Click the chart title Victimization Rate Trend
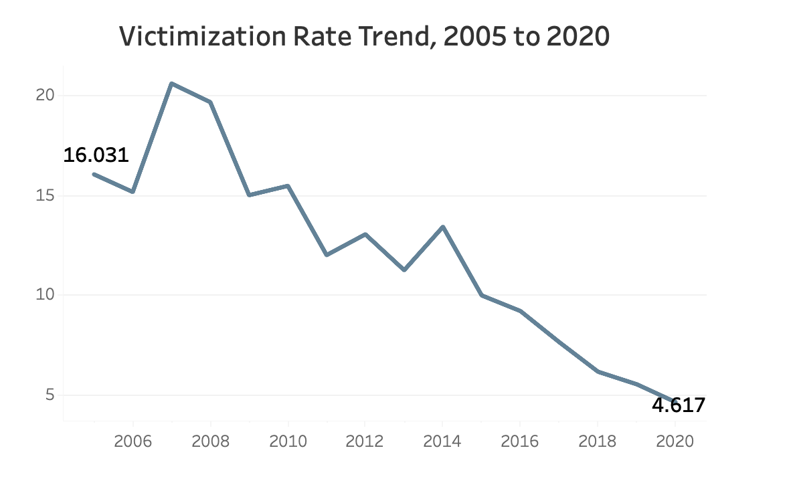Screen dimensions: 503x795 point(365,37)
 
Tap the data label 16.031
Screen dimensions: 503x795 point(96,155)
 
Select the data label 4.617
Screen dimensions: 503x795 point(678,405)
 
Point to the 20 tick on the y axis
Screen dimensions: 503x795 point(44,96)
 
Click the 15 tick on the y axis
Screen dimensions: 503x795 point(44,196)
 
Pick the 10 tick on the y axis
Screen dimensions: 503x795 point(44,295)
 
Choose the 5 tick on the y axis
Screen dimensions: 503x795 point(48,395)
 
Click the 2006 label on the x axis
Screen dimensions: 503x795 point(133,441)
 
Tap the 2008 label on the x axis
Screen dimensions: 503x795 point(211,441)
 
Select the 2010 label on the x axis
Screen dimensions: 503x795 point(288,441)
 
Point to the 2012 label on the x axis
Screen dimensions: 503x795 point(365,441)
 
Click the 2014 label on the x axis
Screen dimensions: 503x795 point(442,441)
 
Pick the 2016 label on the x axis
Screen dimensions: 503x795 point(520,441)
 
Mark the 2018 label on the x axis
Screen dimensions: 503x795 point(598,441)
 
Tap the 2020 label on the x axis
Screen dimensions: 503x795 point(675,441)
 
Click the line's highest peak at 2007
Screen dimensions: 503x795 point(172,84)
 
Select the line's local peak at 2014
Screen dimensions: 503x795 point(442,227)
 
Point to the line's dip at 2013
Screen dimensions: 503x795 point(404,270)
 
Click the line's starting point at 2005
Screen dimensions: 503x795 point(94,174)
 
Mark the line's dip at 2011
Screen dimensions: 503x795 point(327,255)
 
